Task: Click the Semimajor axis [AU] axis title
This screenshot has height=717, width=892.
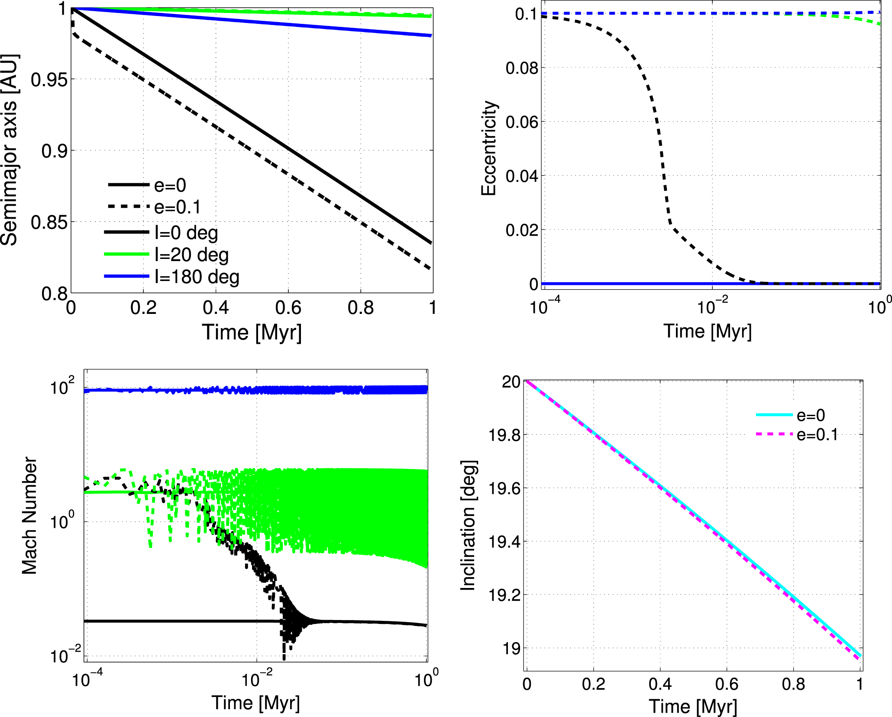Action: (10, 150)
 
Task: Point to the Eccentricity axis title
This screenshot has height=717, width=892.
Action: (489, 149)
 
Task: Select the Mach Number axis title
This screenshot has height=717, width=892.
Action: (29, 516)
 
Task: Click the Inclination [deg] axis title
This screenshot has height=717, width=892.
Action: (468, 525)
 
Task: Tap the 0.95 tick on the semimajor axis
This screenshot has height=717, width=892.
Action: (49, 80)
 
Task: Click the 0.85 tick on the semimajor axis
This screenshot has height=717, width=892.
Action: (49, 223)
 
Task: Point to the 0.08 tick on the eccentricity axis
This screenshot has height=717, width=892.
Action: (522, 68)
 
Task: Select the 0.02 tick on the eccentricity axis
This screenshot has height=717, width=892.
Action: (522, 230)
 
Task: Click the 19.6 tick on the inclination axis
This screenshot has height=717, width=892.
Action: (504, 488)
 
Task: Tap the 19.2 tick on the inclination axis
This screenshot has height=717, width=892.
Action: (504, 595)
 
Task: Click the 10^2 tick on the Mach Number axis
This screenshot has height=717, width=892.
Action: (62, 387)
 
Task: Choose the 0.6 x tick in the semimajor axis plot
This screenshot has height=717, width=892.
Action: (288, 308)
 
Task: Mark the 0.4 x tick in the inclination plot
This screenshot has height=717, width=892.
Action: (660, 684)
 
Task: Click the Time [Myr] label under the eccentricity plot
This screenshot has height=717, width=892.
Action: (708, 332)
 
